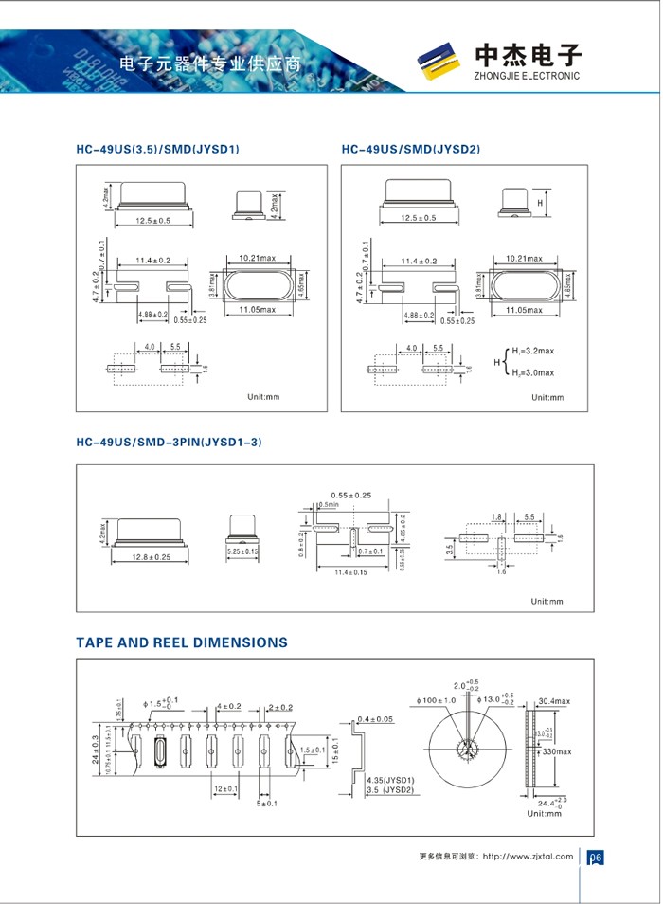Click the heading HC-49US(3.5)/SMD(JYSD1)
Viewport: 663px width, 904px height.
pos(157,150)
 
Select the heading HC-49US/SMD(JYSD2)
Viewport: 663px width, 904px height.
pos(411,150)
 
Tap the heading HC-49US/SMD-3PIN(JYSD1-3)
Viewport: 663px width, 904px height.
pos(169,442)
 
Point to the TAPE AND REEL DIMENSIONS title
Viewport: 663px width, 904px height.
pos(182,642)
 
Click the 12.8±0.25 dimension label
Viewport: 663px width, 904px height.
pos(147,558)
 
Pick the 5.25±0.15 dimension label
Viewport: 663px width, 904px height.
pos(242,551)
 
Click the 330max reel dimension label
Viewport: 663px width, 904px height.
pos(556,751)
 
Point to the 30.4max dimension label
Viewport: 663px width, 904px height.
pos(554,701)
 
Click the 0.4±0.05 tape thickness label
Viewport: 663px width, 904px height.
pos(376,719)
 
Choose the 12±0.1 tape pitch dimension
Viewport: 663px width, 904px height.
pos(224,788)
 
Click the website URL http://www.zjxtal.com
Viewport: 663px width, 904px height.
pos(528,856)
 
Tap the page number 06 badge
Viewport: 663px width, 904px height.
pos(596,858)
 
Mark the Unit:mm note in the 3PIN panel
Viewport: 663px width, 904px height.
pos(547,601)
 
